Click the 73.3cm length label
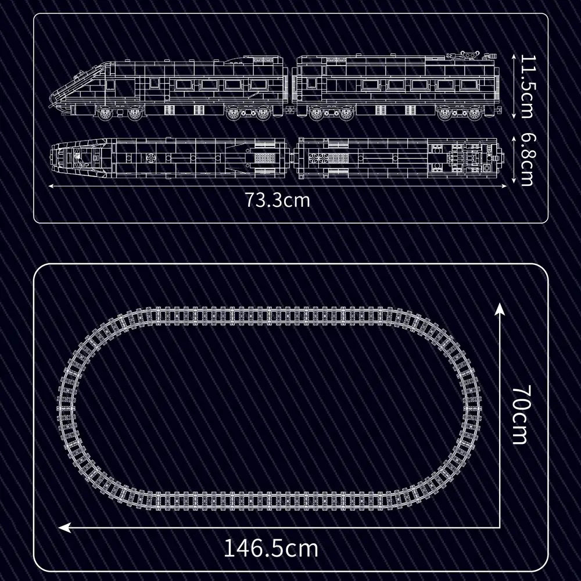click(x=277, y=200)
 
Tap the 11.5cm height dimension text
click(x=526, y=86)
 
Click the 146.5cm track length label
click(x=271, y=547)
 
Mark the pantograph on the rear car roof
click(x=464, y=56)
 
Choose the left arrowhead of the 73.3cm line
click(x=49, y=186)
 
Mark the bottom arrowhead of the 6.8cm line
click(x=515, y=182)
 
